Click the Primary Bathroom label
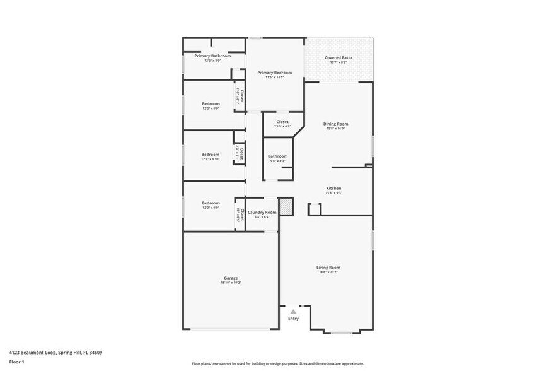click(212, 56)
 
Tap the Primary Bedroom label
click(274, 73)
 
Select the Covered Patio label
click(339, 57)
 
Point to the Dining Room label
click(335, 124)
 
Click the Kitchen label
click(333, 189)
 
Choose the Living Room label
click(328, 268)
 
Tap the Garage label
click(231, 278)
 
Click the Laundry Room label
click(262, 212)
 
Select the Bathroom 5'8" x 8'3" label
click(277, 156)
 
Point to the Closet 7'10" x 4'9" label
click(282, 122)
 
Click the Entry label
click(293, 319)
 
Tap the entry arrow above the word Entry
click(293, 311)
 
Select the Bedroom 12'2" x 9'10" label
click(211, 155)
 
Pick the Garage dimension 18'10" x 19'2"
click(231, 283)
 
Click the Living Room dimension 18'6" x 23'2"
click(328, 273)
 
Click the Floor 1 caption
click(16, 362)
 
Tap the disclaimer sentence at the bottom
click(278, 363)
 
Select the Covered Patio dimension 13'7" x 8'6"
click(339, 62)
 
